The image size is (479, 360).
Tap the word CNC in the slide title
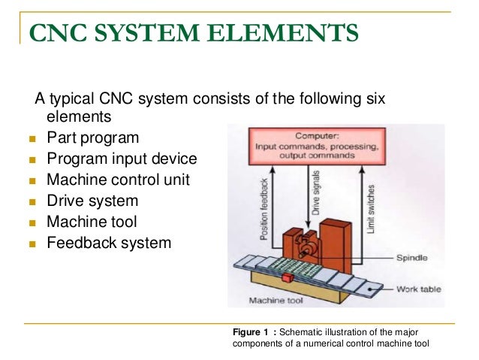click(x=54, y=35)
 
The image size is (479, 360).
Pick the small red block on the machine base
click(x=286, y=280)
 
